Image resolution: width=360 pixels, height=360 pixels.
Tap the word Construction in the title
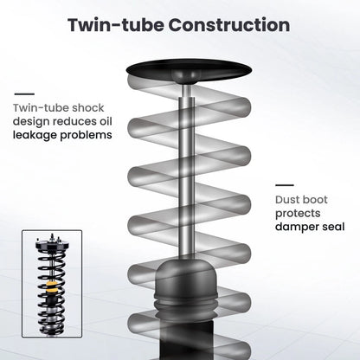tap(229, 25)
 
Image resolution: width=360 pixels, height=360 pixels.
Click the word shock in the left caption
tap(88, 108)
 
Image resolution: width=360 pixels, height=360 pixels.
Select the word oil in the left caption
tap(106, 121)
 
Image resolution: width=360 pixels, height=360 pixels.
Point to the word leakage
tap(35, 135)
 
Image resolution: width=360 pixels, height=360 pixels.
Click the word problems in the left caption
tap(86, 135)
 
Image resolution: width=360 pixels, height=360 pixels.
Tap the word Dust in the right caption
tap(286, 200)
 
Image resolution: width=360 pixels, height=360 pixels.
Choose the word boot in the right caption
tap(314, 200)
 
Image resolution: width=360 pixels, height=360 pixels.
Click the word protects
tap(298, 214)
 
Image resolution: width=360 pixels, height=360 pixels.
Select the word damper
tap(297, 227)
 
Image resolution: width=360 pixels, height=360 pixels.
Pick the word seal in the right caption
tap(333, 227)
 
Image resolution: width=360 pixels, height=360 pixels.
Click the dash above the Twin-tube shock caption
tap(24, 94)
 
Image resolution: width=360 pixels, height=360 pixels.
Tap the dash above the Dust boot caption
tap(285, 185)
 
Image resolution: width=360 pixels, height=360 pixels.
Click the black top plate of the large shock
tap(189, 68)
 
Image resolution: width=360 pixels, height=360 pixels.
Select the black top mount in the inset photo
tap(52, 246)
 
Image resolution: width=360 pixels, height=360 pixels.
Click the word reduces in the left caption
tap(74, 121)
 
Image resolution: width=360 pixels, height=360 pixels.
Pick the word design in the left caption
tap(31, 122)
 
